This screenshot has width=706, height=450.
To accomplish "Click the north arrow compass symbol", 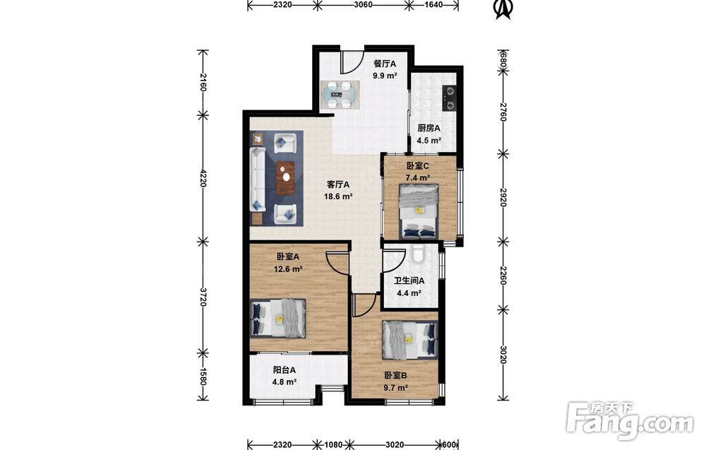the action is tap(503, 9).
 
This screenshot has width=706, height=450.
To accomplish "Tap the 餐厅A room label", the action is tap(385, 64).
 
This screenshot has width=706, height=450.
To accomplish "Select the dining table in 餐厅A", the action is tap(340, 95).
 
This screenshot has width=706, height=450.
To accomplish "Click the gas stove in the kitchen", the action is tap(450, 99).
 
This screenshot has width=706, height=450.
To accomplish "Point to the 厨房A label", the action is tap(429, 128).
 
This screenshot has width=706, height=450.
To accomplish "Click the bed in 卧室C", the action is tap(419, 211).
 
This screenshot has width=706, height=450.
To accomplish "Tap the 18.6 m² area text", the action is tap(338, 196).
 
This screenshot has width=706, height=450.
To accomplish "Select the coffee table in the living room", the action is tap(285, 177).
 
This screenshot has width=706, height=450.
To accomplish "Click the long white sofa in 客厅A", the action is tap(257, 179).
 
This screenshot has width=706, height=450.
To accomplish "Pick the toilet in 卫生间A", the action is tap(417, 254).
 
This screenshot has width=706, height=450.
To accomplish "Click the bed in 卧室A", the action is tap(277, 318).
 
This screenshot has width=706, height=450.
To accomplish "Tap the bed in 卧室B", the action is tap(409, 340).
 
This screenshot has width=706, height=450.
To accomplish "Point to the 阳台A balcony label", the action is tap(284, 370).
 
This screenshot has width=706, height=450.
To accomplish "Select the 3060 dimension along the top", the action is tap(364, 5).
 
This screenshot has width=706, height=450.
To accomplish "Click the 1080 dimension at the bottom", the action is tap(334, 444).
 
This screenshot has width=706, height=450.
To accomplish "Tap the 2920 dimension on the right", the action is tap(503, 198).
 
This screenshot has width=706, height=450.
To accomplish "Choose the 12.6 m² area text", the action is tap(288, 269).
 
